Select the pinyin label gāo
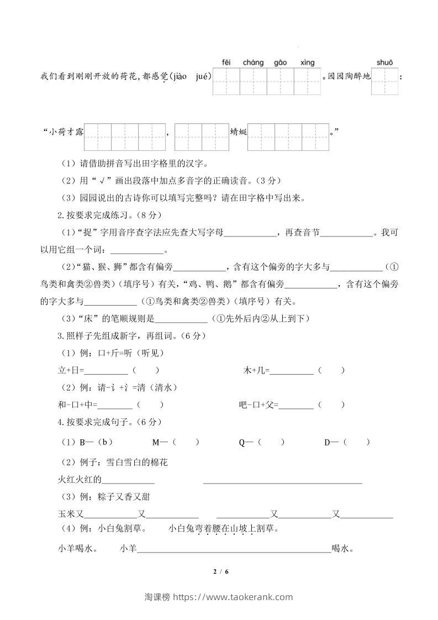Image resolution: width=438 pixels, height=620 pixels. (x=280, y=62)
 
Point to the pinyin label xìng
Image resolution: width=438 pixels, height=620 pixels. (x=307, y=62)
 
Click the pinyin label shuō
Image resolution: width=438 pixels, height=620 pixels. (x=384, y=62)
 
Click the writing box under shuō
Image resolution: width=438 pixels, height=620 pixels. (x=385, y=81)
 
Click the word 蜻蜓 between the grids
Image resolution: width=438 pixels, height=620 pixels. (x=238, y=132)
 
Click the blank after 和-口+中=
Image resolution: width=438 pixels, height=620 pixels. (x=115, y=405)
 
